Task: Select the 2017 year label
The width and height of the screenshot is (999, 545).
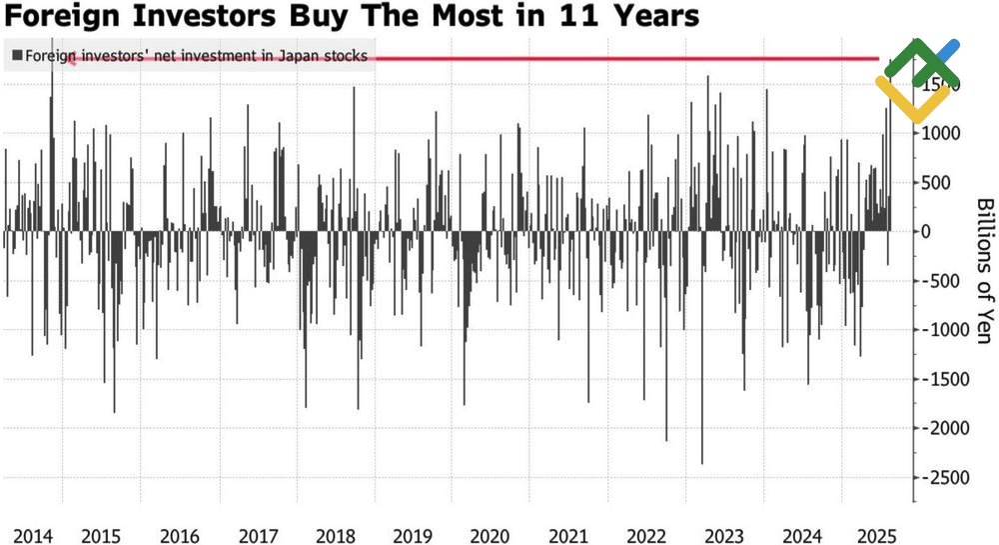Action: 259,535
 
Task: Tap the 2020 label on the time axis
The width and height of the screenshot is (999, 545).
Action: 489,535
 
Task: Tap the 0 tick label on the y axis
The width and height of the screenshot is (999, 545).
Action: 926,232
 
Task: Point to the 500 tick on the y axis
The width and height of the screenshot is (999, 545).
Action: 936,183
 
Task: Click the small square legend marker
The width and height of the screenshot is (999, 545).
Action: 17,56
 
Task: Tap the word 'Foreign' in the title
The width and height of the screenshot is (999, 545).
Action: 59,17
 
